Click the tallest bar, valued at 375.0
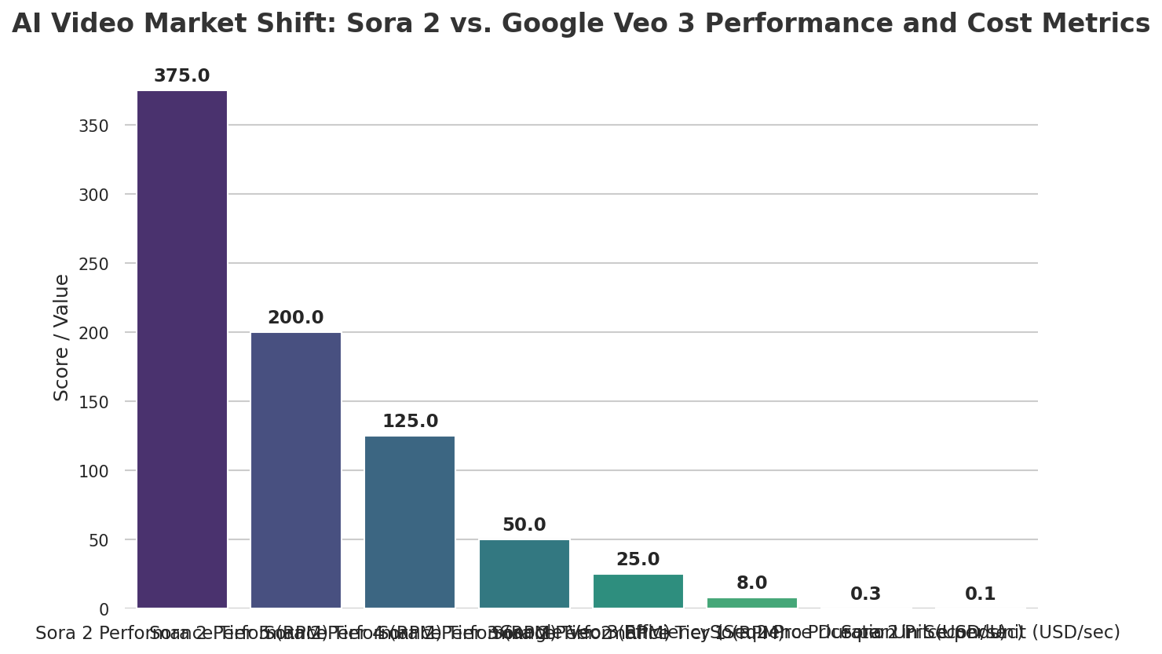182,349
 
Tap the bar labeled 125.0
410,521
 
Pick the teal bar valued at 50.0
524,573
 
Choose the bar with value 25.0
638,590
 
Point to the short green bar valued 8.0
751,603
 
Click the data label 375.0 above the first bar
182,76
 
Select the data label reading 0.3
865,594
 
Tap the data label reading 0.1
980,594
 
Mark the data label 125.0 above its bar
410,422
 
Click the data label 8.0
751,583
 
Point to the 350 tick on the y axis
93,126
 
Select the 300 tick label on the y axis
93,195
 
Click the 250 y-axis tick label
93,264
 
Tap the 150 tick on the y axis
93,402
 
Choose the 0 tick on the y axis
104,609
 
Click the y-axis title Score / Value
62,338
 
